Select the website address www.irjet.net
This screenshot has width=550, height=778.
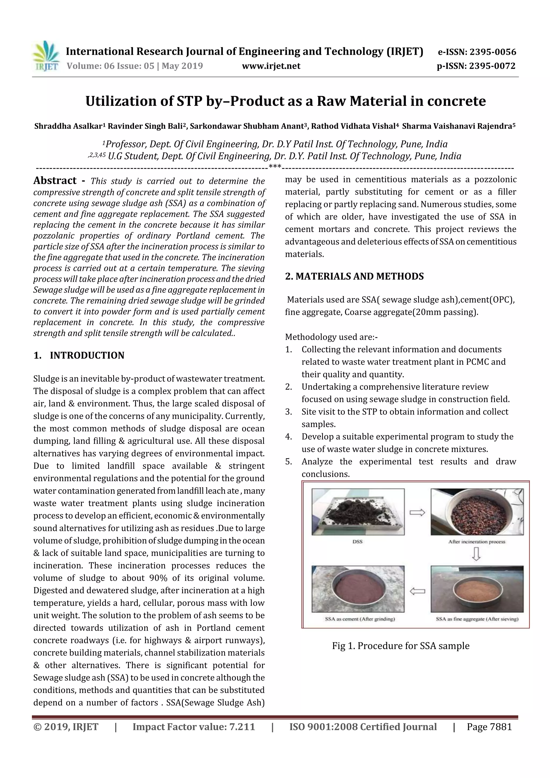(271, 66)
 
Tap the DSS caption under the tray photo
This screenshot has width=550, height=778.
(357, 541)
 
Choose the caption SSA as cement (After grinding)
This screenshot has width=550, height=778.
(360, 619)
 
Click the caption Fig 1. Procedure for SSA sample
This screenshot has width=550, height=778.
(401, 646)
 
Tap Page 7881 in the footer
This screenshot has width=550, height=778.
(489, 727)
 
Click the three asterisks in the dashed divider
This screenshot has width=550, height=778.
(274, 167)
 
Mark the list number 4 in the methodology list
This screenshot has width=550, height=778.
(288, 436)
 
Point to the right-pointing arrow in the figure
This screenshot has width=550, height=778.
(417, 513)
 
